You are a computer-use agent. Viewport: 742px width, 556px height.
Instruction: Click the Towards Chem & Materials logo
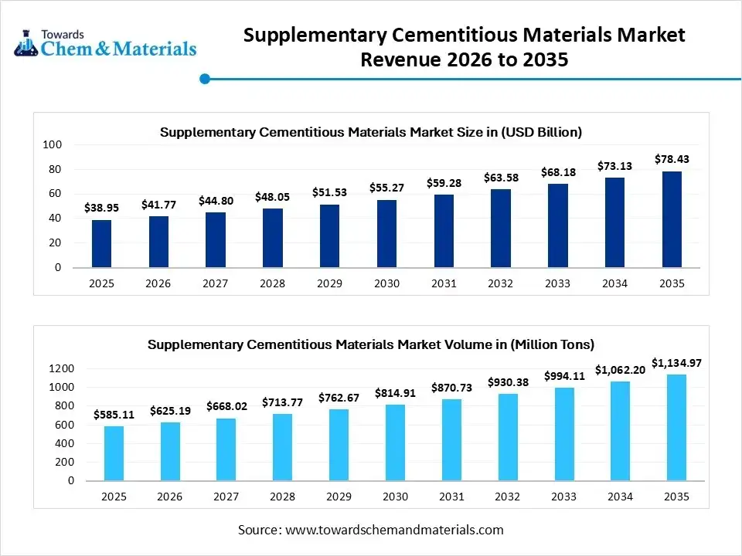tap(105, 43)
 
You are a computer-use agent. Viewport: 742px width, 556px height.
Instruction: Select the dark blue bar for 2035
tap(672, 219)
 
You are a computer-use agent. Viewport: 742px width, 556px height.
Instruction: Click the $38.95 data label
tap(101, 208)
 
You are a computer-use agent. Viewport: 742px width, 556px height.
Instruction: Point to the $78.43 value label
tap(672, 159)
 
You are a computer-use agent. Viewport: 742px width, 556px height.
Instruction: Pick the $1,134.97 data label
tap(676, 362)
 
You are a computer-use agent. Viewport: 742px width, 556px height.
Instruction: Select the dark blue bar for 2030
tap(386, 234)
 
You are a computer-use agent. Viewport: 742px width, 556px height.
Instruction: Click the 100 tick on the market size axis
tap(53, 144)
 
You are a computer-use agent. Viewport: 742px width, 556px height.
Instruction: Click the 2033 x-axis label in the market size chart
tap(557, 283)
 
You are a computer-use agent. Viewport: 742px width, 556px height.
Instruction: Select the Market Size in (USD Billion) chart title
tap(371, 132)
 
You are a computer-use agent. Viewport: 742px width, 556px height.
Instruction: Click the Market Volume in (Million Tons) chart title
tap(371, 344)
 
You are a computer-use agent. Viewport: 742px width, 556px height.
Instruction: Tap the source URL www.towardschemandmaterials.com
tap(394, 530)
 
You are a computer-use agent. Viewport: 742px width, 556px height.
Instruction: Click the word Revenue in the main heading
tap(406, 59)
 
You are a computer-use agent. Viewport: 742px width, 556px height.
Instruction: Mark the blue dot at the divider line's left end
tap(205, 78)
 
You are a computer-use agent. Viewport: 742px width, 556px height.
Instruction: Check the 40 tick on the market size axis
tap(56, 219)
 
